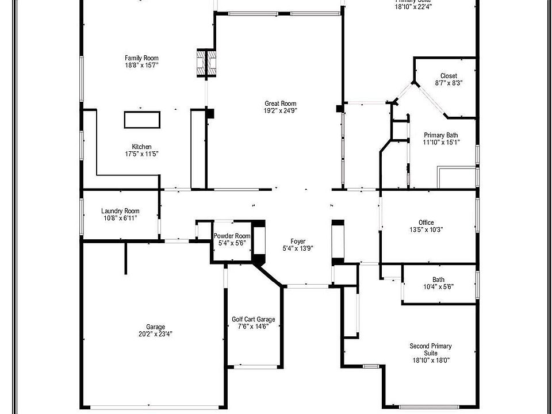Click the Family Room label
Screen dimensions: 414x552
click(x=141, y=58)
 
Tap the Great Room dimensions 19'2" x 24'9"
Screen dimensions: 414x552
click(x=281, y=111)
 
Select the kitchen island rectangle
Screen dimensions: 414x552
click(x=141, y=120)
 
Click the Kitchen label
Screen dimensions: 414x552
click(x=141, y=147)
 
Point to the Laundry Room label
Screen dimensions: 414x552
click(x=120, y=211)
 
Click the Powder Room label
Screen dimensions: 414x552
click(x=232, y=236)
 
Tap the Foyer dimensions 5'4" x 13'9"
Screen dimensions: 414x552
click(x=298, y=249)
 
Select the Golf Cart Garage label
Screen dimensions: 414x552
click(x=254, y=319)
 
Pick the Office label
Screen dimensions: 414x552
click(x=426, y=223)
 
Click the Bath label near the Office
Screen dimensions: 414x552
click(x=439, y=279)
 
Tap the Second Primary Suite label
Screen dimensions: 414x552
click(x=430, y=350)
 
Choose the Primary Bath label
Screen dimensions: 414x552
click(x=441, y=135)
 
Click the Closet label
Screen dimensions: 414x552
click(x=448, y=76)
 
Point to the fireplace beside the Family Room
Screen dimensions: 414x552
click(x=205, y=64)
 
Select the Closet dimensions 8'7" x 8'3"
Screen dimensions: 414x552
click(x=448, y=83)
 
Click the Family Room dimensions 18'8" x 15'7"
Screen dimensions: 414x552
click(x=141, y=66)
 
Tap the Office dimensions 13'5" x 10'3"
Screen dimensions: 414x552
click(x=426, y=229)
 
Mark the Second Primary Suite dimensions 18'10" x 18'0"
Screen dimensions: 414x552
click(x=430, y=361)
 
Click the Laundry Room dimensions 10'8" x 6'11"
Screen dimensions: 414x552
click(x=120, y=218)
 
